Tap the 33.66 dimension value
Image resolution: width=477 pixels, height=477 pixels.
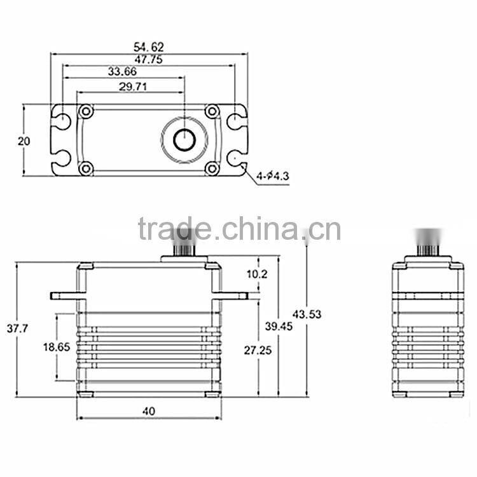[x=123, y=72]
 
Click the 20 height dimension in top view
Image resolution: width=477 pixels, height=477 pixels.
[x=24, y=141]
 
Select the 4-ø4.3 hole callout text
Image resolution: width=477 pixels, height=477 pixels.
[x=272, y=176]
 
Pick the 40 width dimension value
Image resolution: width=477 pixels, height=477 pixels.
[x=149, y=411]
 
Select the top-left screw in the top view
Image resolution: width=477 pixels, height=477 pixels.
[x=85, y=112]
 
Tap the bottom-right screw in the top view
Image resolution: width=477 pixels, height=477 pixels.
[x=212, y=169]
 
